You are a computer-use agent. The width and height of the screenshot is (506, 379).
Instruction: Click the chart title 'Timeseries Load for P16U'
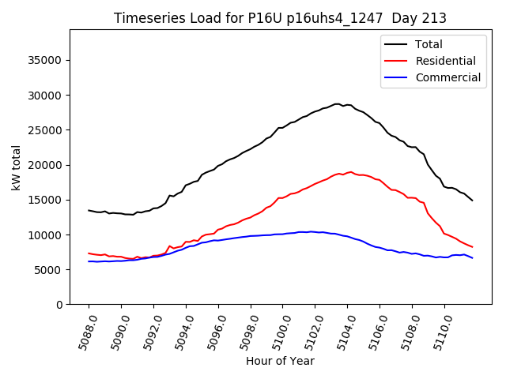pyautogui.click(x=280, y=18)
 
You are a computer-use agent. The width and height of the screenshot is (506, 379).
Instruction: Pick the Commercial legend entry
pyautogui.click(x=447, y=77)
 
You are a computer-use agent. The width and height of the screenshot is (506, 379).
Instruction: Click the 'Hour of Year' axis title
pyautogui.click(x=280, y=361)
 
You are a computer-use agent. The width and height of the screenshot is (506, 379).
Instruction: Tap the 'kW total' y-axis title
pyautogui.click(x=16, y=167)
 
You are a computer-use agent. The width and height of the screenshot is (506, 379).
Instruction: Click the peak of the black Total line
pyautogui.click(x=338, y=103)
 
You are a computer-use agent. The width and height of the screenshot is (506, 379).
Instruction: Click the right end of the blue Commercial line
pyautogui.click(x=473, y=258)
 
